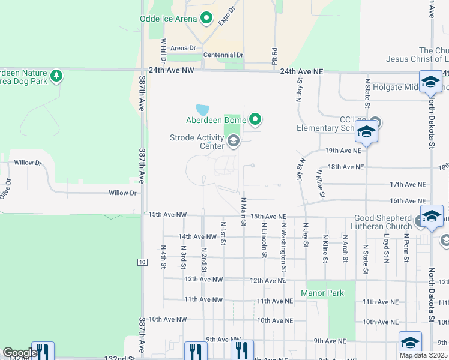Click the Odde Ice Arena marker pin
tap(207, 18)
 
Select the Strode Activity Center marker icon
tap(234, 142)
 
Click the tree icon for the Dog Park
tap(56, 76)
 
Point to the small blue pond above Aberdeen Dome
tap(203, 110)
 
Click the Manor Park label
tap(322, 293)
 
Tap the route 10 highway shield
tap(142, 262)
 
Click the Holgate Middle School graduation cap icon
tap(430, 82)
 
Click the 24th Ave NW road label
tap(172, 71)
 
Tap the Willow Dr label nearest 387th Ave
tap(122, 193)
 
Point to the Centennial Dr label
tap(223, 55)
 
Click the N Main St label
tap(244, 212)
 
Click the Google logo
tap(19, 353)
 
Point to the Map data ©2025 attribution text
tap(423, 355)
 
